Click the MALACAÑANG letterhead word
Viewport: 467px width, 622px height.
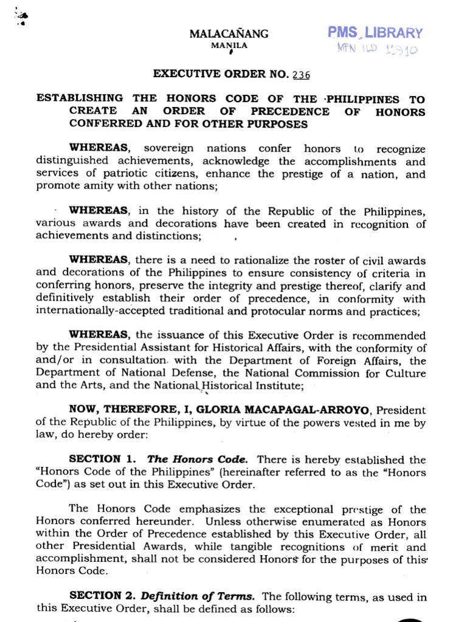point(229,35)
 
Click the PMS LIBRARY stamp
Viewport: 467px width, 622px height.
point(375,33)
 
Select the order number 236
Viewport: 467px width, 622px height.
point(300,75)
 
